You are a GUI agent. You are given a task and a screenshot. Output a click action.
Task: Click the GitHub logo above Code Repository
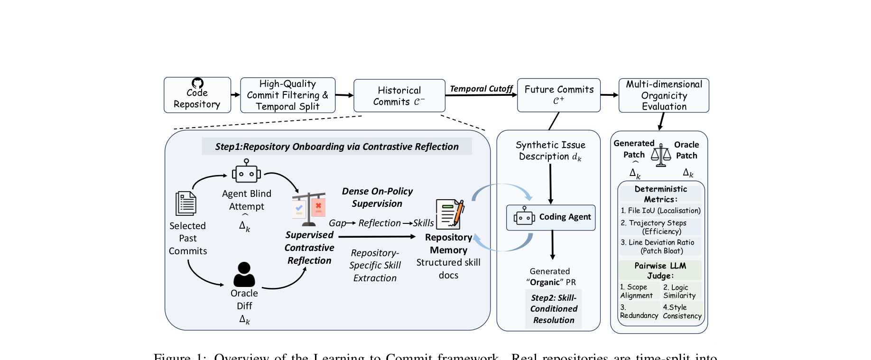tap(197, 83)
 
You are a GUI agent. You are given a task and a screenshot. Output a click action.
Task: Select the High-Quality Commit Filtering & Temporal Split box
tap(287, 95)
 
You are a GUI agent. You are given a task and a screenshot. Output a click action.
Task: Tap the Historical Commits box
tap(399, 96)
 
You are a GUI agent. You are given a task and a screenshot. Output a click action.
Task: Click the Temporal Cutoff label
tap(481, 89)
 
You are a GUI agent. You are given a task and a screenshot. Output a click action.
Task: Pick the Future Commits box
tap(558, 95)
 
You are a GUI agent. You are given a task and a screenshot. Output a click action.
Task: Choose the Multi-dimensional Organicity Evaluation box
tap(664, 95)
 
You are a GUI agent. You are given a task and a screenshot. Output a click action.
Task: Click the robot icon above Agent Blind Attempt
tap(246, 171)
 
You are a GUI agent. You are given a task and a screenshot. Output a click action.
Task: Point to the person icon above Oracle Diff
tap(244, 274)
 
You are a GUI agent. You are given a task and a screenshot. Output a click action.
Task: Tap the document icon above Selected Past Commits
tap(186, 203)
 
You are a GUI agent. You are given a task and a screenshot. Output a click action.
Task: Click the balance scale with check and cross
tap(309, 208)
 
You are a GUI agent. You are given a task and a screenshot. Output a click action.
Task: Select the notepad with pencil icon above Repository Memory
tap(449, 214)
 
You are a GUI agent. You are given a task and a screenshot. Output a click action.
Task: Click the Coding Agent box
tap(551, 218)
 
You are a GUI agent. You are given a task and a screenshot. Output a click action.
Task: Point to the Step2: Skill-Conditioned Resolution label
tap(554, 309)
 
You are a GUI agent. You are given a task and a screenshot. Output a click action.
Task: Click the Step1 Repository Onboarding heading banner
tap(337, 147)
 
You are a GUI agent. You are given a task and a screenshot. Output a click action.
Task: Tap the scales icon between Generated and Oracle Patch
tap(661, 155)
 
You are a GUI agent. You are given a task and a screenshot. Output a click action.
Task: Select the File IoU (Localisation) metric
tap(660, 211)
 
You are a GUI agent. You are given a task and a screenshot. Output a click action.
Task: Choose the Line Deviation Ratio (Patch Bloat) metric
tap(661, 247)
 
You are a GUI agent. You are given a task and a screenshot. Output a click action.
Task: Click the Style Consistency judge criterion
tap(682, 312)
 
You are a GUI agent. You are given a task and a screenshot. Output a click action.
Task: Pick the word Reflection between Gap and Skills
tap(380, 223)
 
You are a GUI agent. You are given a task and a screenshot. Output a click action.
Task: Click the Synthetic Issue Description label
tap(550, 151)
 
